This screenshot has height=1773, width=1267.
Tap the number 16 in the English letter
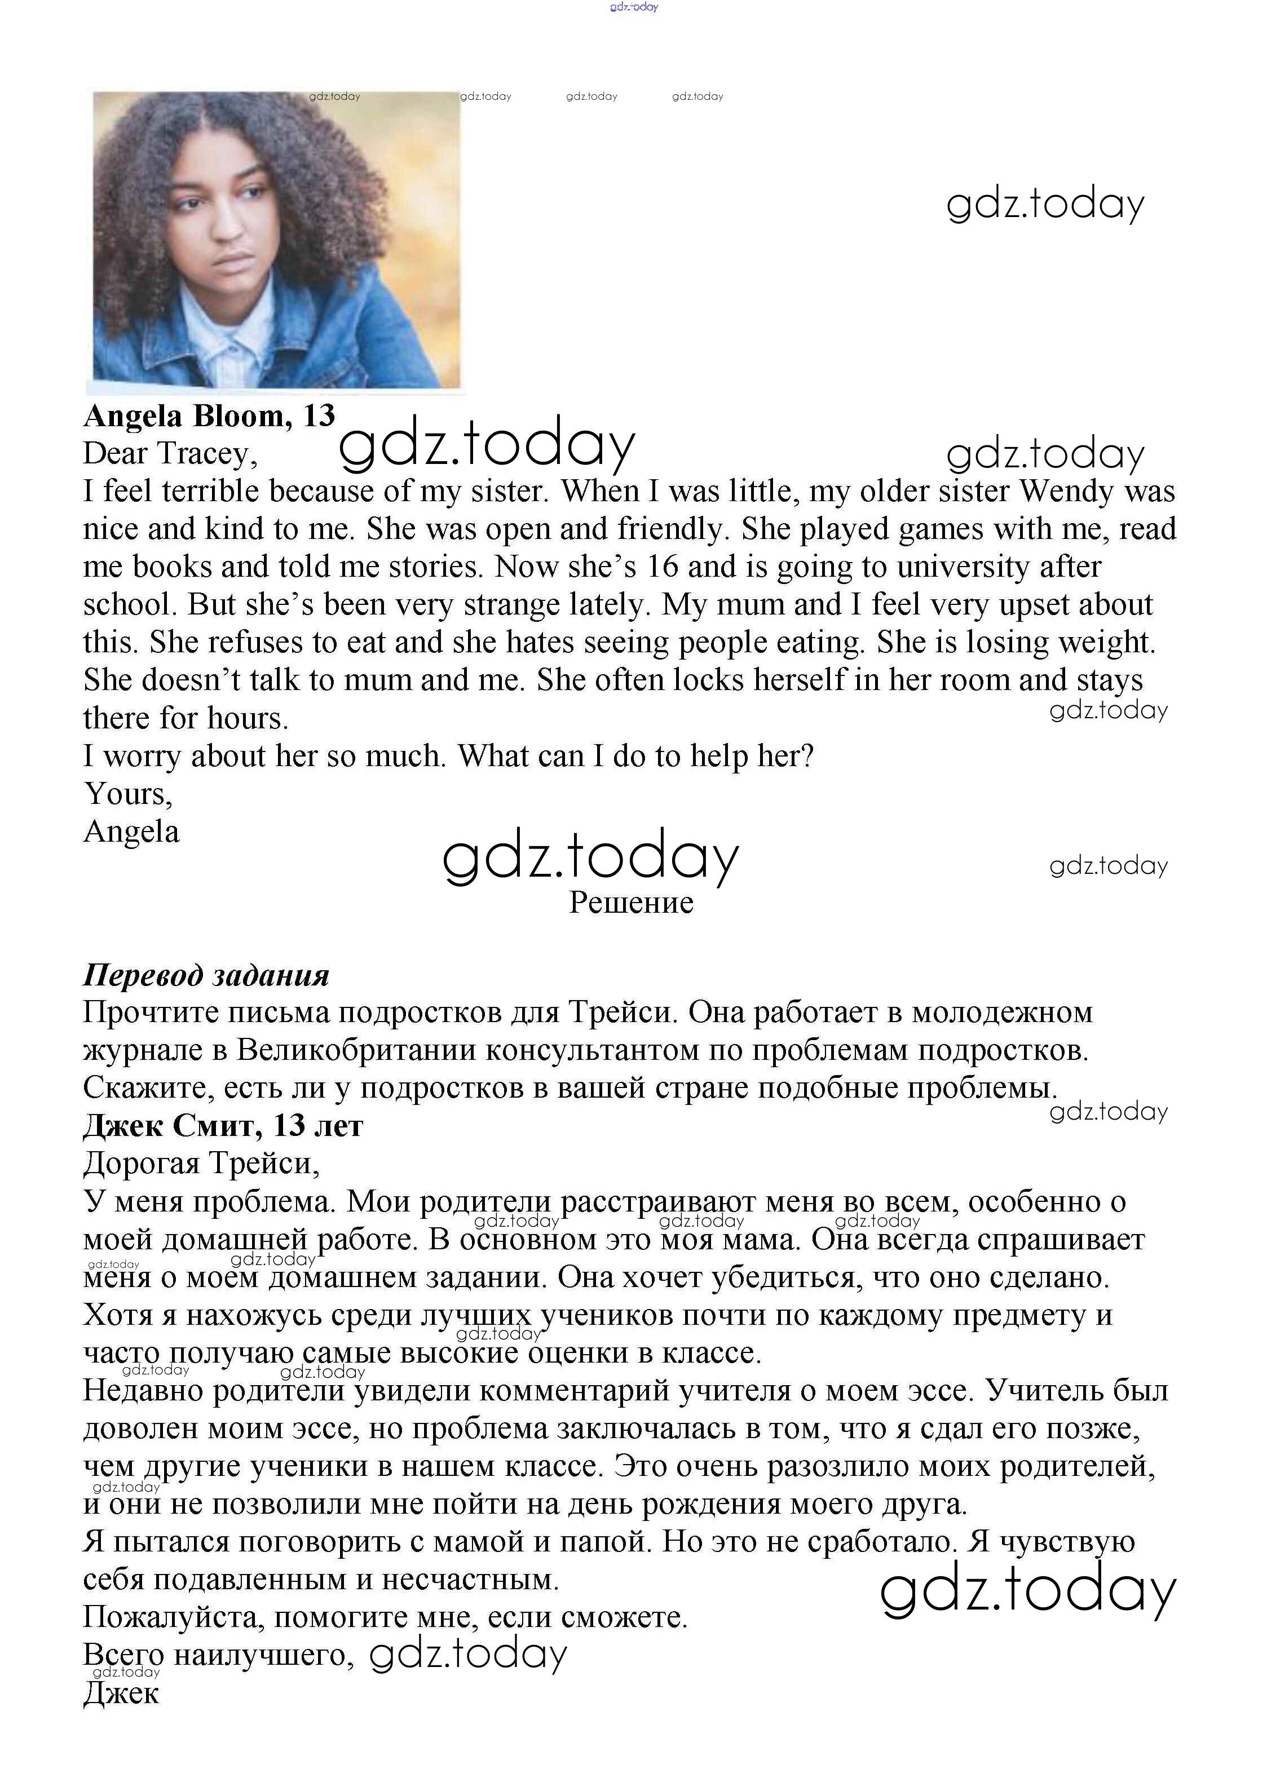(663, 567)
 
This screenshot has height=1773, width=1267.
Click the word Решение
(631, 903)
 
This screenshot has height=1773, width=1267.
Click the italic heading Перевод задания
(206, 975)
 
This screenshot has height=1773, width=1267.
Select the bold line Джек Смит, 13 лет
(223, 1126)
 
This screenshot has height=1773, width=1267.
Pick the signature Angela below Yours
(131, 832)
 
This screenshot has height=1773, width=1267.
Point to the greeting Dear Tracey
(170, 453)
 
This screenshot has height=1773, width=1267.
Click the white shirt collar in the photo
(234, 351)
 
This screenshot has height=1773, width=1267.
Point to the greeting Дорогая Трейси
(201, 1164)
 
